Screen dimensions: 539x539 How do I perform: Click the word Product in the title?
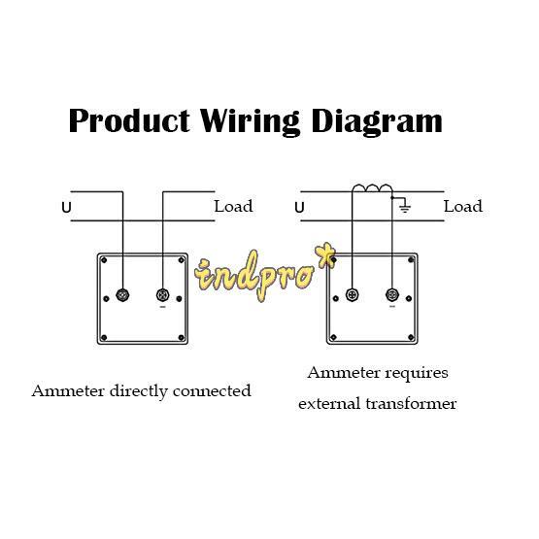[129, 120]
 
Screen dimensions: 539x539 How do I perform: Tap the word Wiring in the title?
[250, 122]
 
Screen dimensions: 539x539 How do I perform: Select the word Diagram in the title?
[377, 122]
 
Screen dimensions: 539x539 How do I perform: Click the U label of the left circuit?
[66, 208]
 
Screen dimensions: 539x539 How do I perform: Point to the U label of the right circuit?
[299, 208]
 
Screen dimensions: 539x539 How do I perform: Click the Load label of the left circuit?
[233, 206]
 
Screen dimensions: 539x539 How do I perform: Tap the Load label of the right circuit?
[463, 206]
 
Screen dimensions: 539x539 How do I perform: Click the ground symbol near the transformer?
[405, 206]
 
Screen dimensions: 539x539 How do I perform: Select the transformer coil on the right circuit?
[372, 188]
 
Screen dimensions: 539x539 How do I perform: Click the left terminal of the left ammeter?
[122, 295]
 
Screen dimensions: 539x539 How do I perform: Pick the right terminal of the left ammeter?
[162, 295]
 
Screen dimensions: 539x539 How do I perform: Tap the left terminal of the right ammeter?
[353, 295]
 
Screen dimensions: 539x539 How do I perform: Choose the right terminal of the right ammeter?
[392, 295]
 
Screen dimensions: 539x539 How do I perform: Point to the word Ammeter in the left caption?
[68, 390]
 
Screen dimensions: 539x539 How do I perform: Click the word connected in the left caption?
[212, 391]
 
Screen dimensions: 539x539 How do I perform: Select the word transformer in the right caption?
[411, 404]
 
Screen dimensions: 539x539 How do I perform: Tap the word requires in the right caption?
[417, 374]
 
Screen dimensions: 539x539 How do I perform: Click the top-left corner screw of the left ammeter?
[104, 260]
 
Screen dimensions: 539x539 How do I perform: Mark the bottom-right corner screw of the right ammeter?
[411, 338]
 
